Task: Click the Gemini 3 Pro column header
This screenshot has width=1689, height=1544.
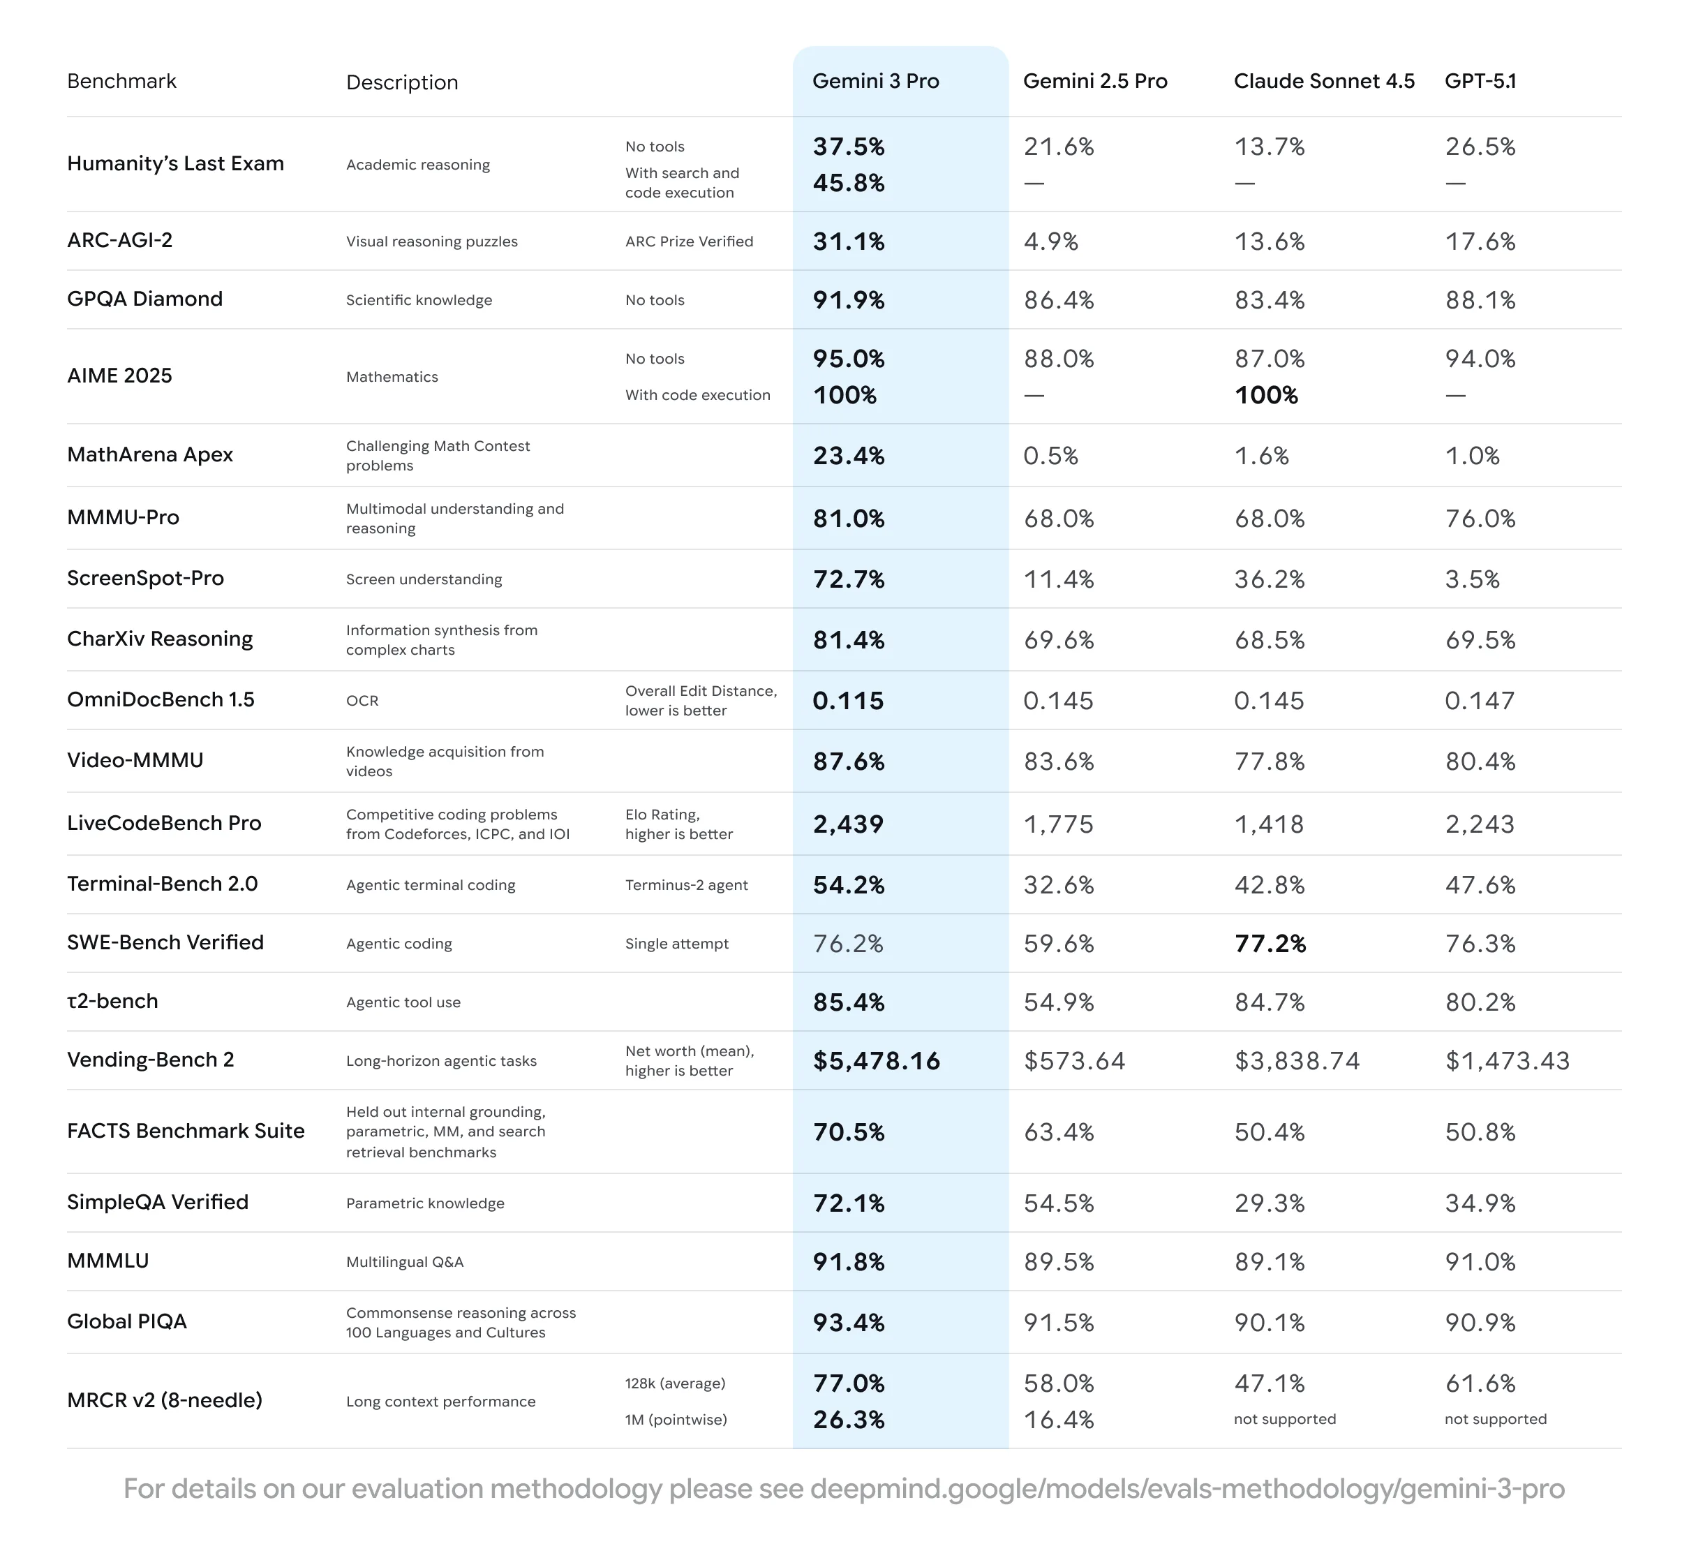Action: pos(875,81)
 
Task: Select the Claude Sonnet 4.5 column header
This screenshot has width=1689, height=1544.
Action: pos(1324,81)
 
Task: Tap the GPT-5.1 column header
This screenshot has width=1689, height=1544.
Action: pos(1480,81)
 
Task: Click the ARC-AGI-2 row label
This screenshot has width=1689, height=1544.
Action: pos(120,240)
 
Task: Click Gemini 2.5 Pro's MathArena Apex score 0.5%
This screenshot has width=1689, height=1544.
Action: pos(1050,456)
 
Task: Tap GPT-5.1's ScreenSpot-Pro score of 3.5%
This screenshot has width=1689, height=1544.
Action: pos(1472,579)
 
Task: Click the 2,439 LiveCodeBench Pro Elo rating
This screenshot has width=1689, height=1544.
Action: pos(848,824)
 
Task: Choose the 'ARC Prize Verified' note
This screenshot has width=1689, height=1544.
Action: pos(689,242)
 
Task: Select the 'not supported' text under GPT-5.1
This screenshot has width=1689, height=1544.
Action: pos(1496,1419)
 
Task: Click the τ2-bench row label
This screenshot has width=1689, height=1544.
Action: pos(112,1001)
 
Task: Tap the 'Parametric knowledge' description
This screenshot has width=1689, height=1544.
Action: pos(425,1203)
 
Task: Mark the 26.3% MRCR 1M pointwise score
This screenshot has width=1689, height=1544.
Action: pos(849,1420)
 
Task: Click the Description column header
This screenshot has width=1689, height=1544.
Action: pos(402,82)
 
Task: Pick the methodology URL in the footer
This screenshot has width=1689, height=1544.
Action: pos(1186,1489)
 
